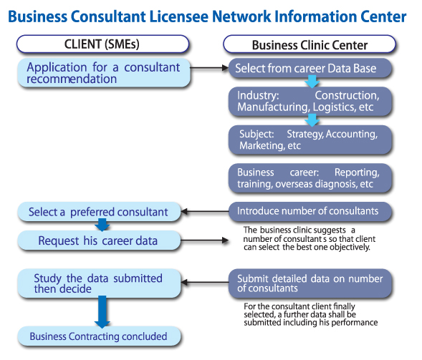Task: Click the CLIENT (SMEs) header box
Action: tap(104, 44)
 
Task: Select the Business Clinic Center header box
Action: tap(310, 44)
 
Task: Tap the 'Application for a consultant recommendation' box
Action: tap(104, 73)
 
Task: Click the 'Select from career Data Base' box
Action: tap(310, 69)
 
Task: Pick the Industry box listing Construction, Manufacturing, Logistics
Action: tap(310, 102)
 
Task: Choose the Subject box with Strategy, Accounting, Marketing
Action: tap(310, 140)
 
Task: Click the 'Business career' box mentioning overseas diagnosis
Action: tap(310, 178)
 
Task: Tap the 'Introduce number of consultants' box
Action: tap(310, 211)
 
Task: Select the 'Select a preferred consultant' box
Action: tap(98, 212)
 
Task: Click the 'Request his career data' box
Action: tap(98, 240)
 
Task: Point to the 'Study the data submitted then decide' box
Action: tap(98, 283)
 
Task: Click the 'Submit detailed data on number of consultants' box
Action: tap(310, 283)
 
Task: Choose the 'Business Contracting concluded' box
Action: tap(98, 336)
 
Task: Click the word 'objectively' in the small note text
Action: tap(346, 247)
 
